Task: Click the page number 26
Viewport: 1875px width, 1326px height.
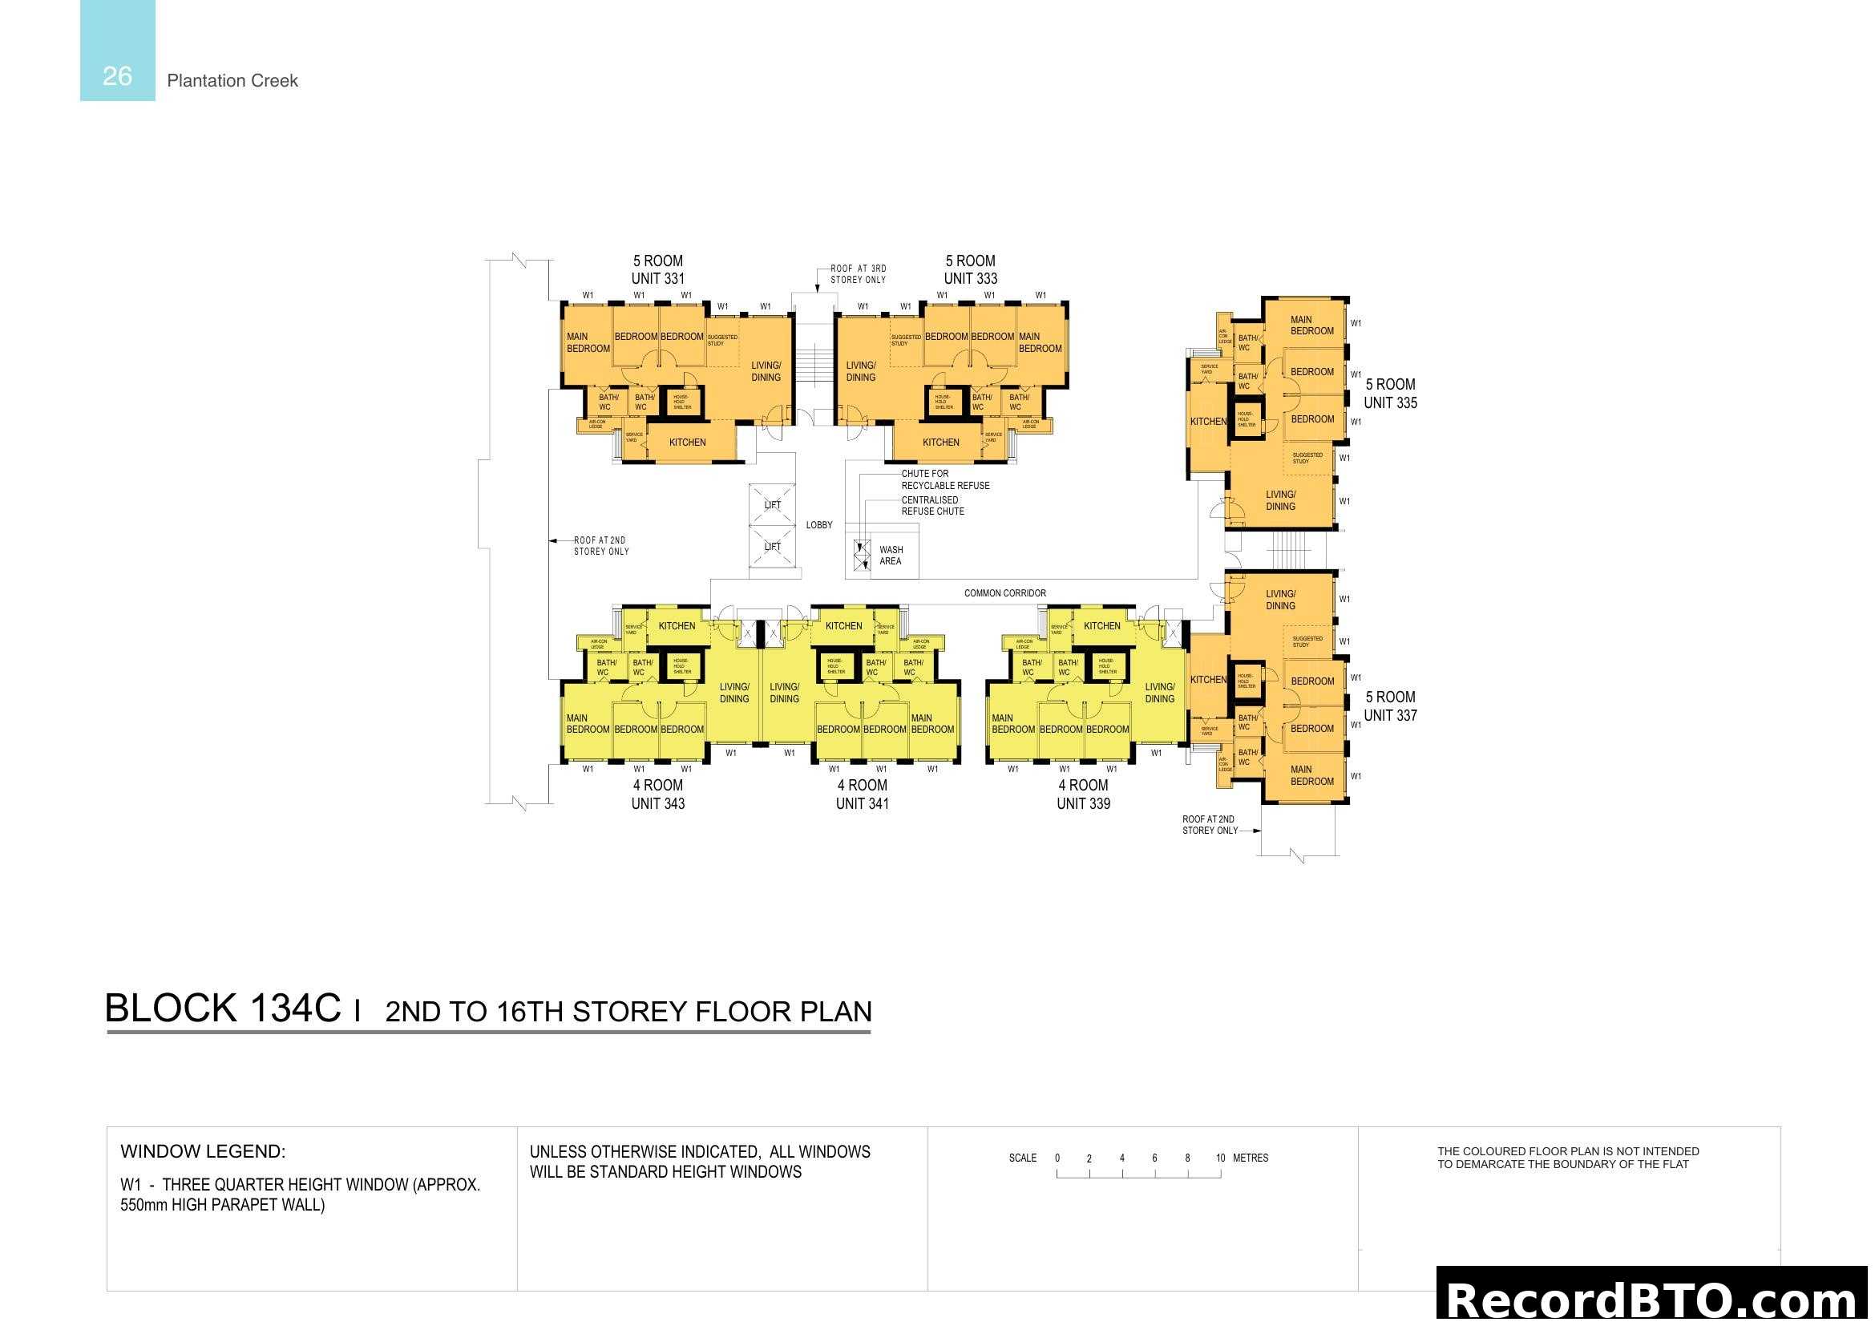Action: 117,76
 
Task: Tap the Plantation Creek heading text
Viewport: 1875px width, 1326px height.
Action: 232,81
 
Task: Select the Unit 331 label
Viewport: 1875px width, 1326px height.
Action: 657,278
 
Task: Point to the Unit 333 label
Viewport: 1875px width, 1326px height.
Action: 970,278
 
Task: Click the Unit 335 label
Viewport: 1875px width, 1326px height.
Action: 1390,402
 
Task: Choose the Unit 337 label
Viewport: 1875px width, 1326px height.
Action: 1390,715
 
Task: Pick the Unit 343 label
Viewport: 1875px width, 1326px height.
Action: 657,803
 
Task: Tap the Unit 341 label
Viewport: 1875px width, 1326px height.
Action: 863,803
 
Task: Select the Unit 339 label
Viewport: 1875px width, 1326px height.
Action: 1083,803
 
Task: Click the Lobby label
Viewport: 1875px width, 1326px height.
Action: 819,525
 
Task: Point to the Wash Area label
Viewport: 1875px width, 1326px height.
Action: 891,556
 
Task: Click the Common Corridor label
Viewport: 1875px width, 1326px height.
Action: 1004,593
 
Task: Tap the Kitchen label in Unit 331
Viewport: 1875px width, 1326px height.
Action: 687,443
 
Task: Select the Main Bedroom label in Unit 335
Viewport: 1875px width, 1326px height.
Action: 1311,325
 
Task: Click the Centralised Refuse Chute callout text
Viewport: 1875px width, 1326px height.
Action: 932,505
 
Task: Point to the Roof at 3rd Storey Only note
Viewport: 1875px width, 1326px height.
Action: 858,274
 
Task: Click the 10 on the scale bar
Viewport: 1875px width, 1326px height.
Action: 1220,1158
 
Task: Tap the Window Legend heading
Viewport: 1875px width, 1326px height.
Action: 203,1151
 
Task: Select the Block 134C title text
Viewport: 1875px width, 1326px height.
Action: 223,1009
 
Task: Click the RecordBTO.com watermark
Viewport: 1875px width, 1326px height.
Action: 1653,1298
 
